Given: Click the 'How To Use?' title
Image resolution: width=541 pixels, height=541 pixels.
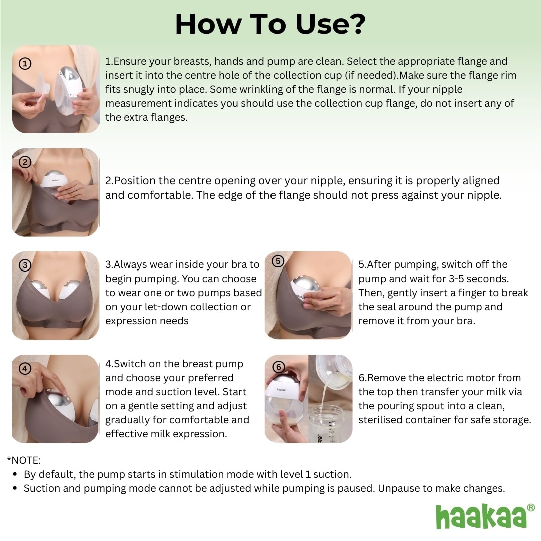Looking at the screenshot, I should [270, 24].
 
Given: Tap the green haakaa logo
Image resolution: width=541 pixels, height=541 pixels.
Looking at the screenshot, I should [481, 516].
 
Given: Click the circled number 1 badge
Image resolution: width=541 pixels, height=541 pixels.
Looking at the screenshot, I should [25, 63].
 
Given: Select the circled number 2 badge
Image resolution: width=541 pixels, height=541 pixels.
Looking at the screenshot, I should [25, 162].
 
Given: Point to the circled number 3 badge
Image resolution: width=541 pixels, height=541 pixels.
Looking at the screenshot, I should [25, 265].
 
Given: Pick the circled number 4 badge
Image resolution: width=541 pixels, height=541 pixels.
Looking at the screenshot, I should [25, 368].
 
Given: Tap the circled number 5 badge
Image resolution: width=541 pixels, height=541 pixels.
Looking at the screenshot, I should [279, 260].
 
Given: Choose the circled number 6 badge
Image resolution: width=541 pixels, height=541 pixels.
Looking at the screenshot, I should [279, 367].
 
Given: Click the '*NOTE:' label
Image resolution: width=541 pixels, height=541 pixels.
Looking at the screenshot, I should [24, 460].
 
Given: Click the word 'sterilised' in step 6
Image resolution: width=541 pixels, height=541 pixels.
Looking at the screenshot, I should [381, 420].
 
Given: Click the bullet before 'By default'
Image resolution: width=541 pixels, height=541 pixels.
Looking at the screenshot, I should [15, 474].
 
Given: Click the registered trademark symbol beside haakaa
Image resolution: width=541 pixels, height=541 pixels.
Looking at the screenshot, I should [531, 508].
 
